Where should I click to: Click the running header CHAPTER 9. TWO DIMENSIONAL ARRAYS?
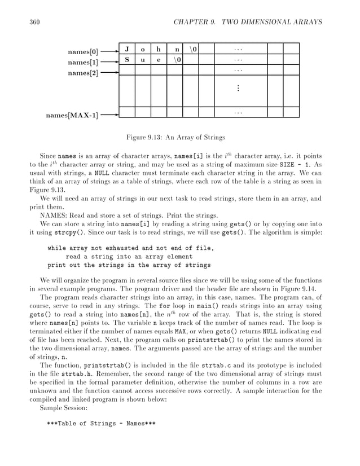248,22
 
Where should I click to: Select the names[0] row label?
82,52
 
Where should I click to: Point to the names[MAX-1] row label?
72,116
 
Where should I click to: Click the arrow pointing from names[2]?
109,73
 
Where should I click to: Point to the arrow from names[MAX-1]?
109,116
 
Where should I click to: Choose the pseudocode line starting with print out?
129,265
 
